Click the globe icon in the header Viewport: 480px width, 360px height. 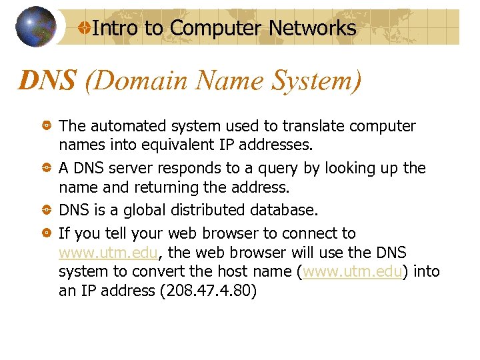click(x=35, y=27)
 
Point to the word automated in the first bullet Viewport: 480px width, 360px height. click(x=125, y=126)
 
